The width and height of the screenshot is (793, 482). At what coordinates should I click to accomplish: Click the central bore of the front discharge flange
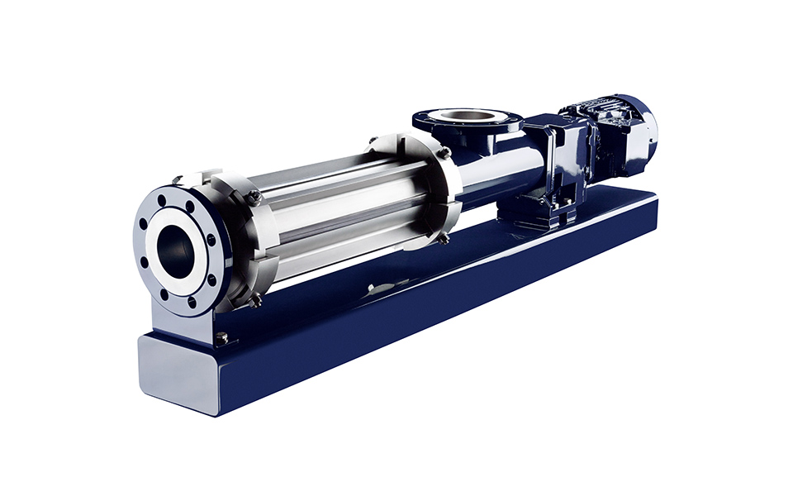pos(176,245)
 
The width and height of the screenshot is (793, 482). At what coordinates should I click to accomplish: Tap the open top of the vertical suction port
pos(466,117)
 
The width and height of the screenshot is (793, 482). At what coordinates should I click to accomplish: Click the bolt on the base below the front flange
pos(221,336)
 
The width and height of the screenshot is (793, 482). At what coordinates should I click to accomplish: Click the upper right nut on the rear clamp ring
pos(444,152)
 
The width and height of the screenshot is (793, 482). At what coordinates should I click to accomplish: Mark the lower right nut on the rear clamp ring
pos(444,238)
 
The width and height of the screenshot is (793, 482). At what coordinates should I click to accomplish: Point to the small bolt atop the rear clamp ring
pos(373,140)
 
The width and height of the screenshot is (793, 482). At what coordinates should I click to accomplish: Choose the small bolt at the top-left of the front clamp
pos(177,178)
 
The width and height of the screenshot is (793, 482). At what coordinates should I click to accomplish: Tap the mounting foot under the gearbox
pos(545,211)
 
